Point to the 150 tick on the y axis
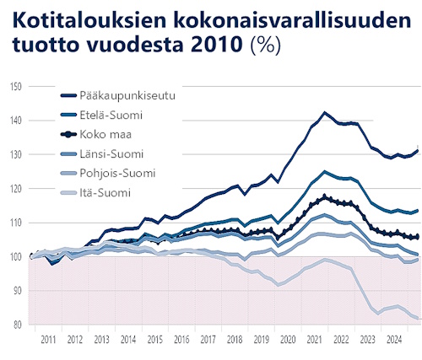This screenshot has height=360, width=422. (16, 87)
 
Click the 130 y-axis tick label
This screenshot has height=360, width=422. (16, 154)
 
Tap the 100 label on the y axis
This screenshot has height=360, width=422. (16, 256)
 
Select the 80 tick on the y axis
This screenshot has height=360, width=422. (17, 325)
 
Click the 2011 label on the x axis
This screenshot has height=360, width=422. (48, 340)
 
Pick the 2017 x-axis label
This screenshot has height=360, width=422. (208, 340)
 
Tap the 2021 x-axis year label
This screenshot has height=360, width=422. (314, 340)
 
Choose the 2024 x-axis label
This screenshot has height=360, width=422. (394, 340)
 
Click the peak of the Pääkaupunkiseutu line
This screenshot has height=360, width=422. (325, 112)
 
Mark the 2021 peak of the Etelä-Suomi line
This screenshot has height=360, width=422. (325, 171)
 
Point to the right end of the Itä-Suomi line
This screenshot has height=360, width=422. (417, 318)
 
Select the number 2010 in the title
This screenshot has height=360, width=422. (216, 44)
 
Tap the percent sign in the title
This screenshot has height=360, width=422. (265, 45)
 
